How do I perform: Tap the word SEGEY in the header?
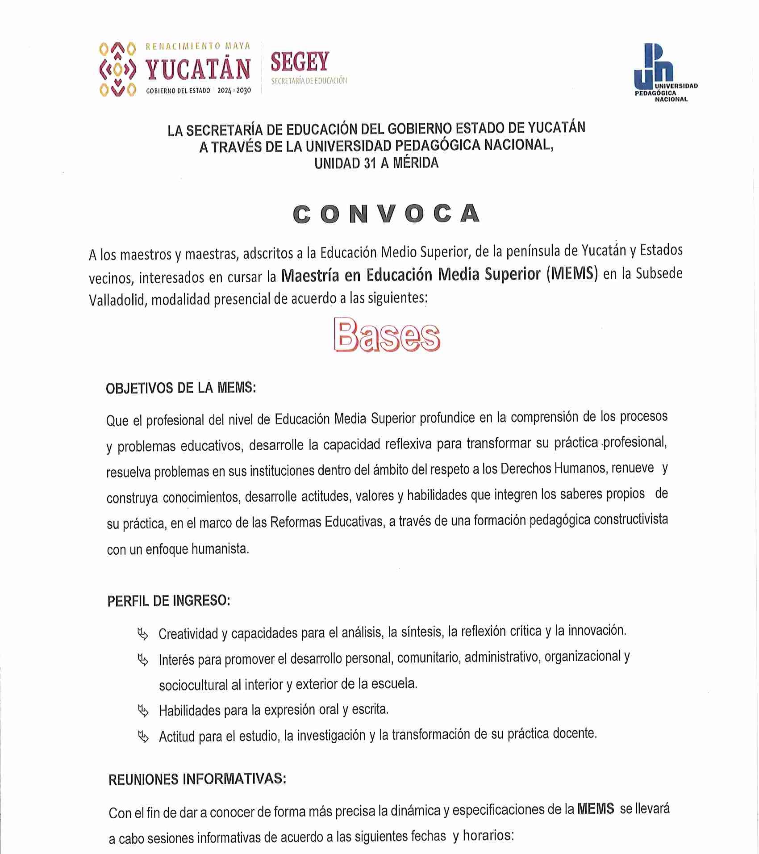coord(300,62)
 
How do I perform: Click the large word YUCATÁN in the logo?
coord(198,69)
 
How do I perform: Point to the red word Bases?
coord(387,336)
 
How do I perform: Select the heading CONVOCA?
coord(387,214)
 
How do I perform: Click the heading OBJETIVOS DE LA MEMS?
coord(181,388)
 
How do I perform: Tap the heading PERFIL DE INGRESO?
coord(169,601)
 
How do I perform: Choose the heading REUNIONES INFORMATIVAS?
coord(197,779)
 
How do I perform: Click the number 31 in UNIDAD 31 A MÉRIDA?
coord(370,163)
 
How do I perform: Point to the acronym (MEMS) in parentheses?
coord(572,274)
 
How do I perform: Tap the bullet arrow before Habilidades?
coord(143,711)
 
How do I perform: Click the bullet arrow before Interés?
coord(143,660)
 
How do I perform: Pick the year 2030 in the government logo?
coord(244,91)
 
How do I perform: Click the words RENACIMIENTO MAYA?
coord(198,46)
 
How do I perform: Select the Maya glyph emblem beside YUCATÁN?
coord(117,69)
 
